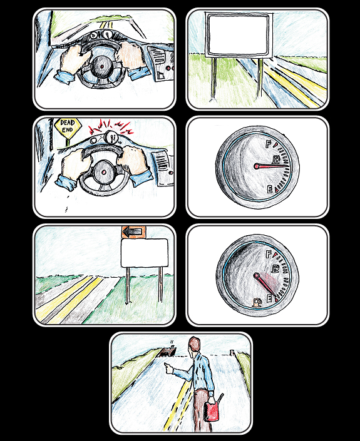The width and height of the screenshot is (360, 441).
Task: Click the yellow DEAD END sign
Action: pos(68,126)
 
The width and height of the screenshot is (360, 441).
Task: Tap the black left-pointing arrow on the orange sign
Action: pos(133,232)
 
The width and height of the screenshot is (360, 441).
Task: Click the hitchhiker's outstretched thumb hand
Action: pos(169,368)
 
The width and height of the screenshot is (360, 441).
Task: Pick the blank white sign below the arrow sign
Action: pos(145,253)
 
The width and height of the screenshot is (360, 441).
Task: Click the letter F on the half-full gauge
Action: pos(269,144)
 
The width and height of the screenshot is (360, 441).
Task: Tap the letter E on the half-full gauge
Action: pos(269,190)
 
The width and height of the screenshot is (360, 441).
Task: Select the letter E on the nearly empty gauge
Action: pos(269,298)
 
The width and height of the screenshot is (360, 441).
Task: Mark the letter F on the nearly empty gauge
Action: pos(269,254)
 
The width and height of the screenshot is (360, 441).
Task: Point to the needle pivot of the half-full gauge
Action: pos(257,166)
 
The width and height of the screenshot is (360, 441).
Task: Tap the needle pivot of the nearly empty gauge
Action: pos(256,275)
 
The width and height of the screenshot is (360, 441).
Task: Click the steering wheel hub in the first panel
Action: pos(101,67)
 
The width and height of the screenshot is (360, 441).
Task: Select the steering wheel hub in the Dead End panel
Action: pos(104,171)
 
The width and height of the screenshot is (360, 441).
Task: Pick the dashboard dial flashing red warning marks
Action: pos(111,137)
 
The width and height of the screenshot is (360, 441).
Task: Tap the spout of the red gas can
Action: pos(220,398)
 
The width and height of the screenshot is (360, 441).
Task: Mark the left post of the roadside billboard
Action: pos(214,79)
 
